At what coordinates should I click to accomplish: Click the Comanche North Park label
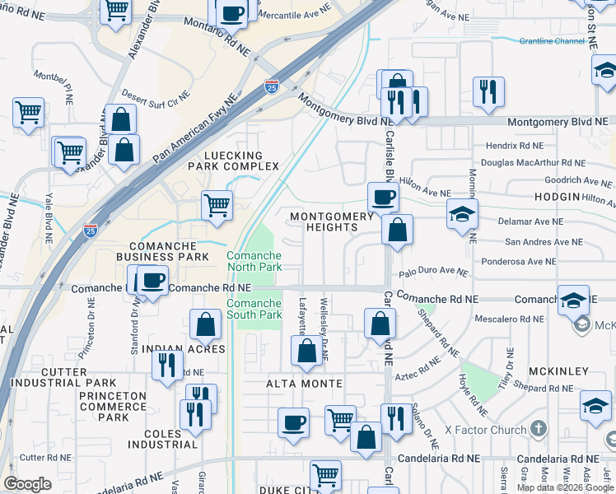click(x=254, y=261)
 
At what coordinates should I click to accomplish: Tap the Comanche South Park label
click(x=254, y=310)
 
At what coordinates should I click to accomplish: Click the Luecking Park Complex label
click(x=225, y=161)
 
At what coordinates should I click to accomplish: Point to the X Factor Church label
click(x=485, y=430)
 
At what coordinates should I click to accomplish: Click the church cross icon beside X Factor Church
click(x=539, y=429)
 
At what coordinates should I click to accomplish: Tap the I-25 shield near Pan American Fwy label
click(x=273, y=86)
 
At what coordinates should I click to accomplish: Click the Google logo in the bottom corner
click(x=27, y=484)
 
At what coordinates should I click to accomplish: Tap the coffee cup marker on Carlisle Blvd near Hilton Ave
click(x=382, y=198)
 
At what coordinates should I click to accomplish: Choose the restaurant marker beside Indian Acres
click(x=167, y=364)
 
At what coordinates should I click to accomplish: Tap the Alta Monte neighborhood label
click(x=304, y=384)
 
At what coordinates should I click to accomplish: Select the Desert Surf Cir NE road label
click(x=156, y=96)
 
